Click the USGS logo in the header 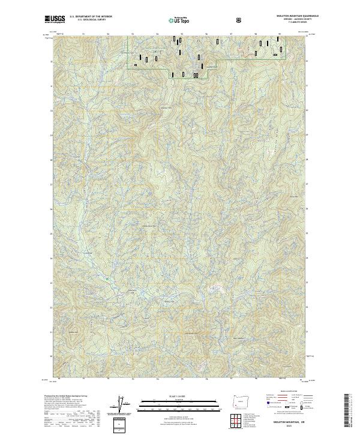(55, 20)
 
